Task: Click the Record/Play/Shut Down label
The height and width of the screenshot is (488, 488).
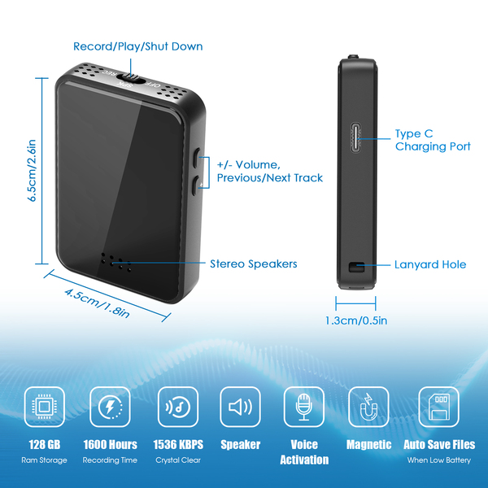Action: pos(138,46)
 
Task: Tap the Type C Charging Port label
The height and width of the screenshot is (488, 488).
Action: pos(432,140)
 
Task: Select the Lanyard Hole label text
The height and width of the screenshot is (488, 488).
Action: pos(430,264)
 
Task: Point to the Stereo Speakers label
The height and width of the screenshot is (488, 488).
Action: pos(253,264)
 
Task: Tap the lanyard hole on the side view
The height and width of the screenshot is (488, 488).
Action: pos(356,268)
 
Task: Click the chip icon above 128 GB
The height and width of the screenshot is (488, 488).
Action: pos(45,407)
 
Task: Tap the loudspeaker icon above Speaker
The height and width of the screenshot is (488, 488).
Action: pos(241,407)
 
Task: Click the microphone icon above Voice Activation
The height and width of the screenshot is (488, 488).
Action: pos(303,407)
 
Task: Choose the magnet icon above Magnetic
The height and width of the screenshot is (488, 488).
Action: pos(368,407)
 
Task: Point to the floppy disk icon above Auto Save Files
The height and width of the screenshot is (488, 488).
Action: pos(438,407)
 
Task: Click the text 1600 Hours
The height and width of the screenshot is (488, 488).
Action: pos(110,445)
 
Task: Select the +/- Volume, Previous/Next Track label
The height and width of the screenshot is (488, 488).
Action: pos(269,170)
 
